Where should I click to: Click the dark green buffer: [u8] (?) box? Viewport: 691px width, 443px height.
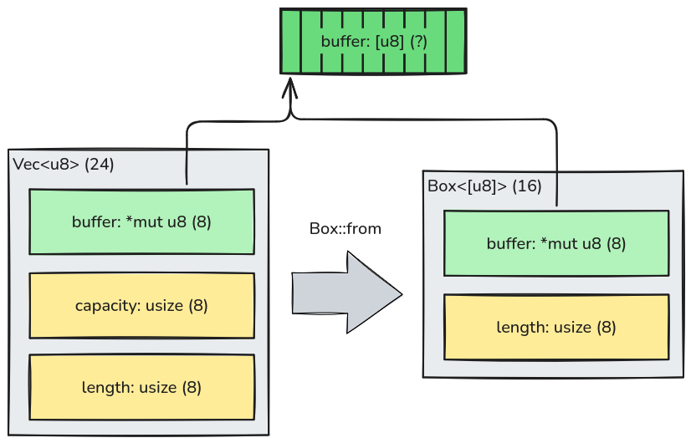tap(373, 41)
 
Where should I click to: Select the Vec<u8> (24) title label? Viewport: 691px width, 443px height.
tap(64, 165)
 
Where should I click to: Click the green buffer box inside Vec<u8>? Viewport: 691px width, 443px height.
tap(141, 221)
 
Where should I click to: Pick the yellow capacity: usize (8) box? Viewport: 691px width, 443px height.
tap(141, 305)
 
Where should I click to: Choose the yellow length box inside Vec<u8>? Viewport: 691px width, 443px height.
tap(141, 387)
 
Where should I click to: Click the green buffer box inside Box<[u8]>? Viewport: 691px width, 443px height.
tap(556, 243)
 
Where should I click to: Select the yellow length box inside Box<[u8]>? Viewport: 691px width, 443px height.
tap(556, 327)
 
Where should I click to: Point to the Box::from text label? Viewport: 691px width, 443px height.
tap(345, 229)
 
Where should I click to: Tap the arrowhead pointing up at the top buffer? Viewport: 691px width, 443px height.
tap(289, 87)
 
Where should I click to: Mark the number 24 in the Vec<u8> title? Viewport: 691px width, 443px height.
tap(99, 165)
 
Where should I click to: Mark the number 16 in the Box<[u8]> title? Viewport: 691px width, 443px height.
tap(526, 186)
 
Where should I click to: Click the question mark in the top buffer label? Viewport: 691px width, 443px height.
tap(417, 41)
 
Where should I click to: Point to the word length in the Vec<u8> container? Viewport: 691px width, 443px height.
tap(105, 388)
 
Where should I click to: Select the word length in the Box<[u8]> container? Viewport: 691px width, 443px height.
tap(520, 328)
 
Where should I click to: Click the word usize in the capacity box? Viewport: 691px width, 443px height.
tap(164, 306)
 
